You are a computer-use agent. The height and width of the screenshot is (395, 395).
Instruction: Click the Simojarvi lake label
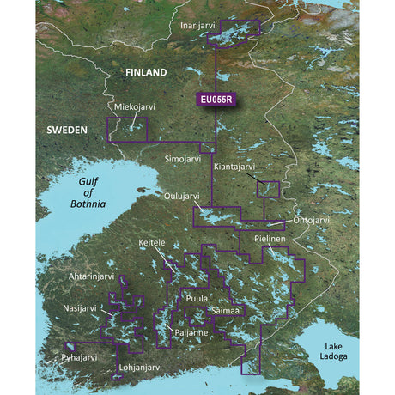pos(184,160)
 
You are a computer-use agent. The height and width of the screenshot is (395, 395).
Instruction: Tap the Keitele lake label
pos(155,243)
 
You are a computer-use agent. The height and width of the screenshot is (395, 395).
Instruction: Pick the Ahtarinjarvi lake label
pos(94,276)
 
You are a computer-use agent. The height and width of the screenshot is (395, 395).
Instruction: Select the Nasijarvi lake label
pos(84,307)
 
